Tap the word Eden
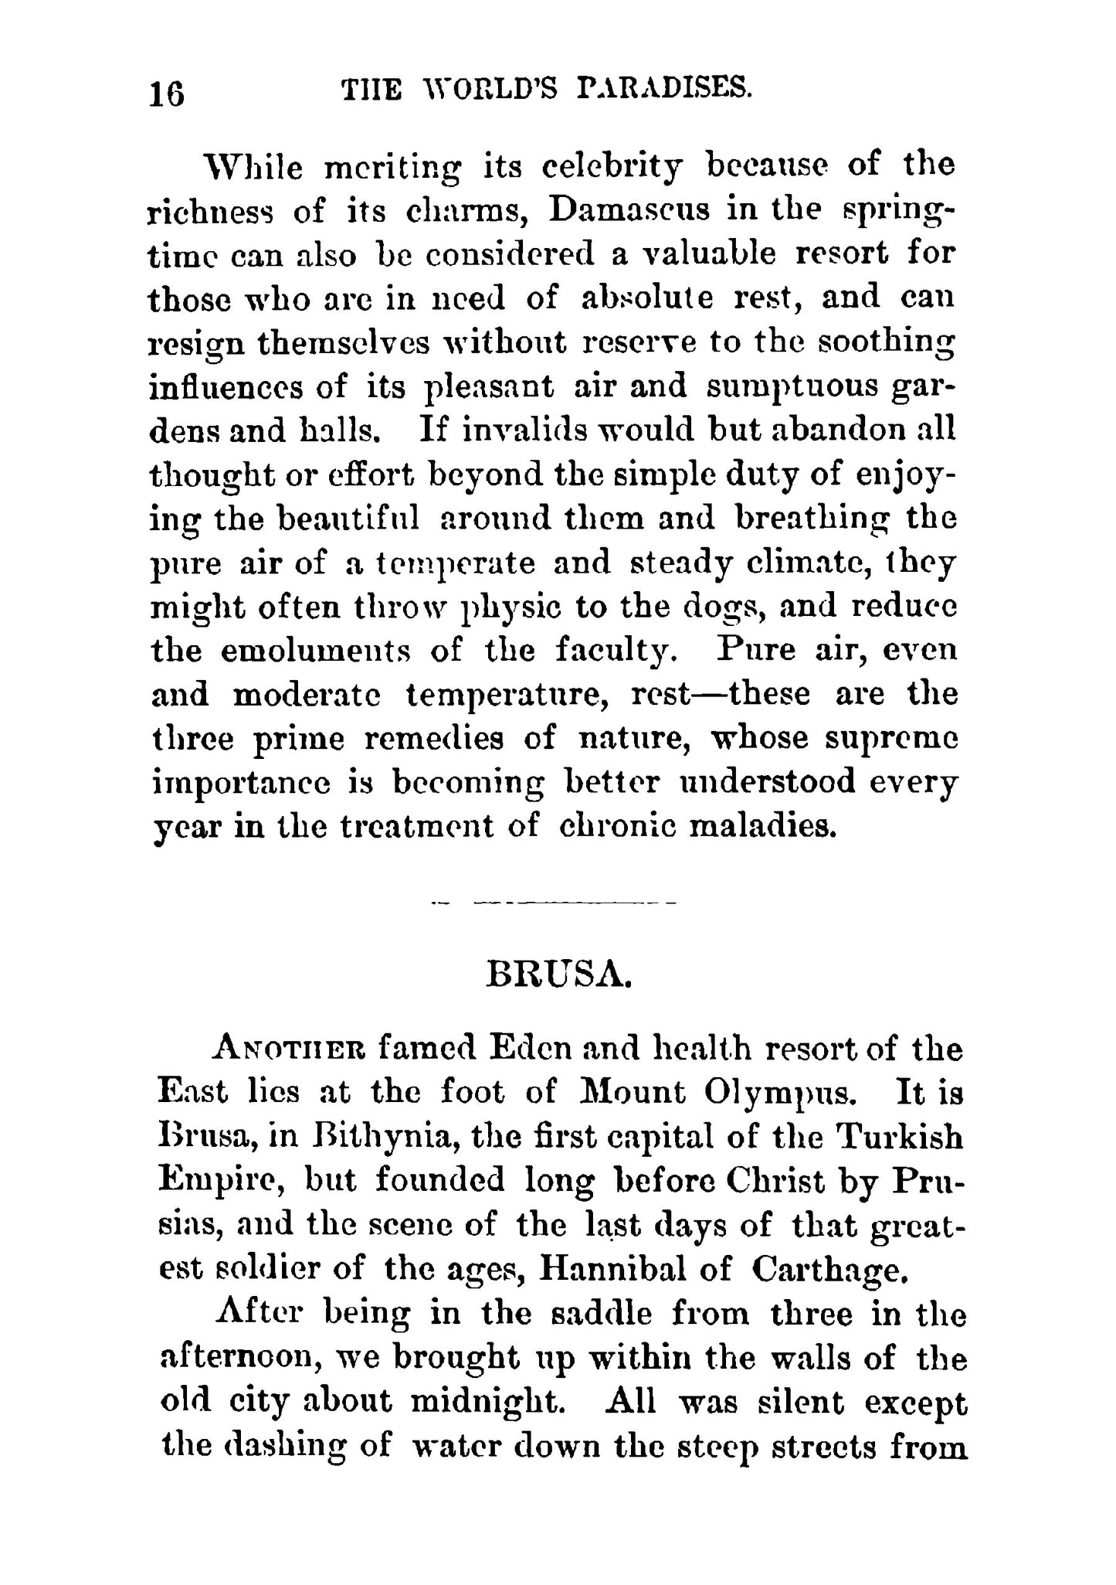pos(531,1049)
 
